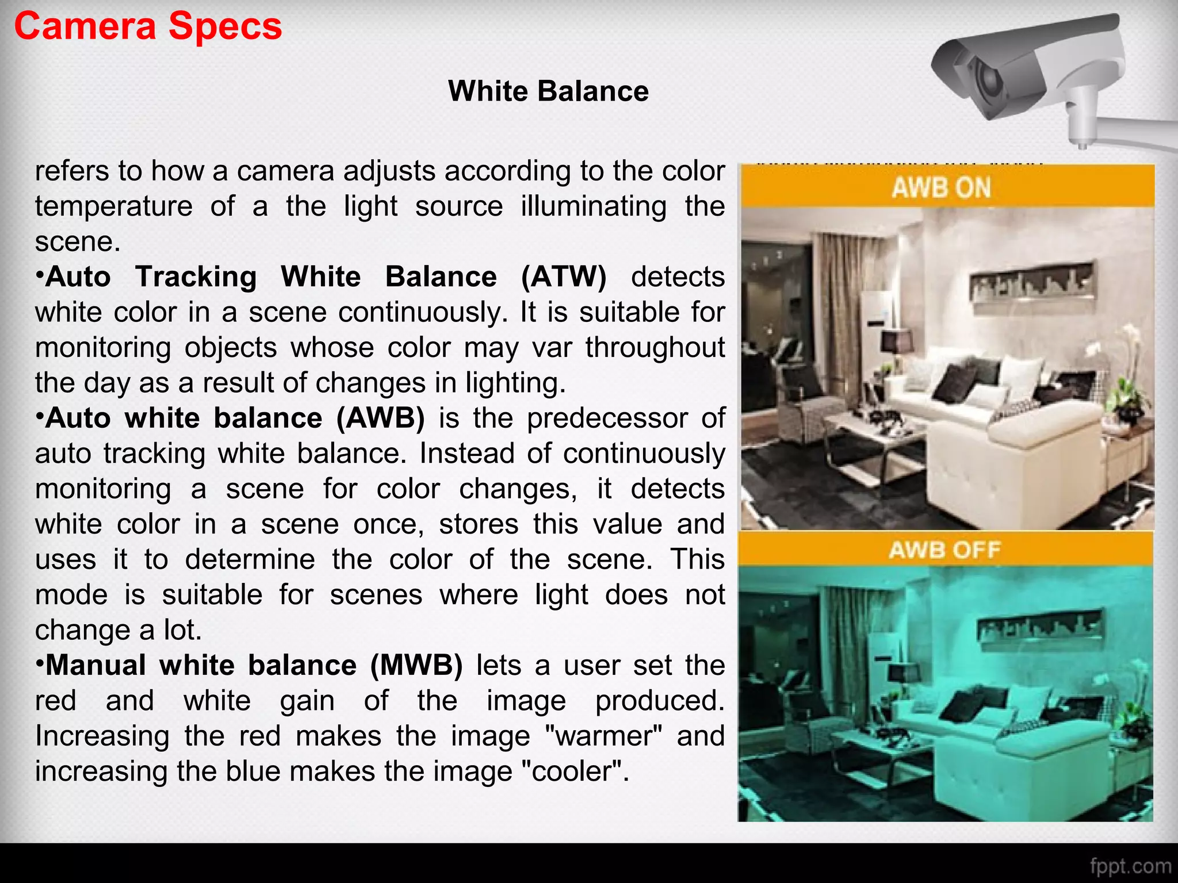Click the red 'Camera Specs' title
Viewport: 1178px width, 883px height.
click(x=148, y=27)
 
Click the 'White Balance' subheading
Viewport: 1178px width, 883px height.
click(x=548, y=91)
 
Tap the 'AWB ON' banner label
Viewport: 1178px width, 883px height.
click(x=942, y=188)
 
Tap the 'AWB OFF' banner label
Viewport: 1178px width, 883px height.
click(x=944, y=550)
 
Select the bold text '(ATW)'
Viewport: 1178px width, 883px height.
click(x=564, y=277)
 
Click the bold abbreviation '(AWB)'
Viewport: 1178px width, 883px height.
click(x=381, y=418)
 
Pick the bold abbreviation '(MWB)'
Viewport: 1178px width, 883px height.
click(x=416, y=666)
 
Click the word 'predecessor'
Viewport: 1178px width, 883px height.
click(x=607, y=418)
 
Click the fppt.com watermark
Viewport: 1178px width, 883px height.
click(x=1130, y=866)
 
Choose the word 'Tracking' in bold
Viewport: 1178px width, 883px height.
click(x=196, y=277)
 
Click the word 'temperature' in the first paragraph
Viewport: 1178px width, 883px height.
click(x=114, y=206)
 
